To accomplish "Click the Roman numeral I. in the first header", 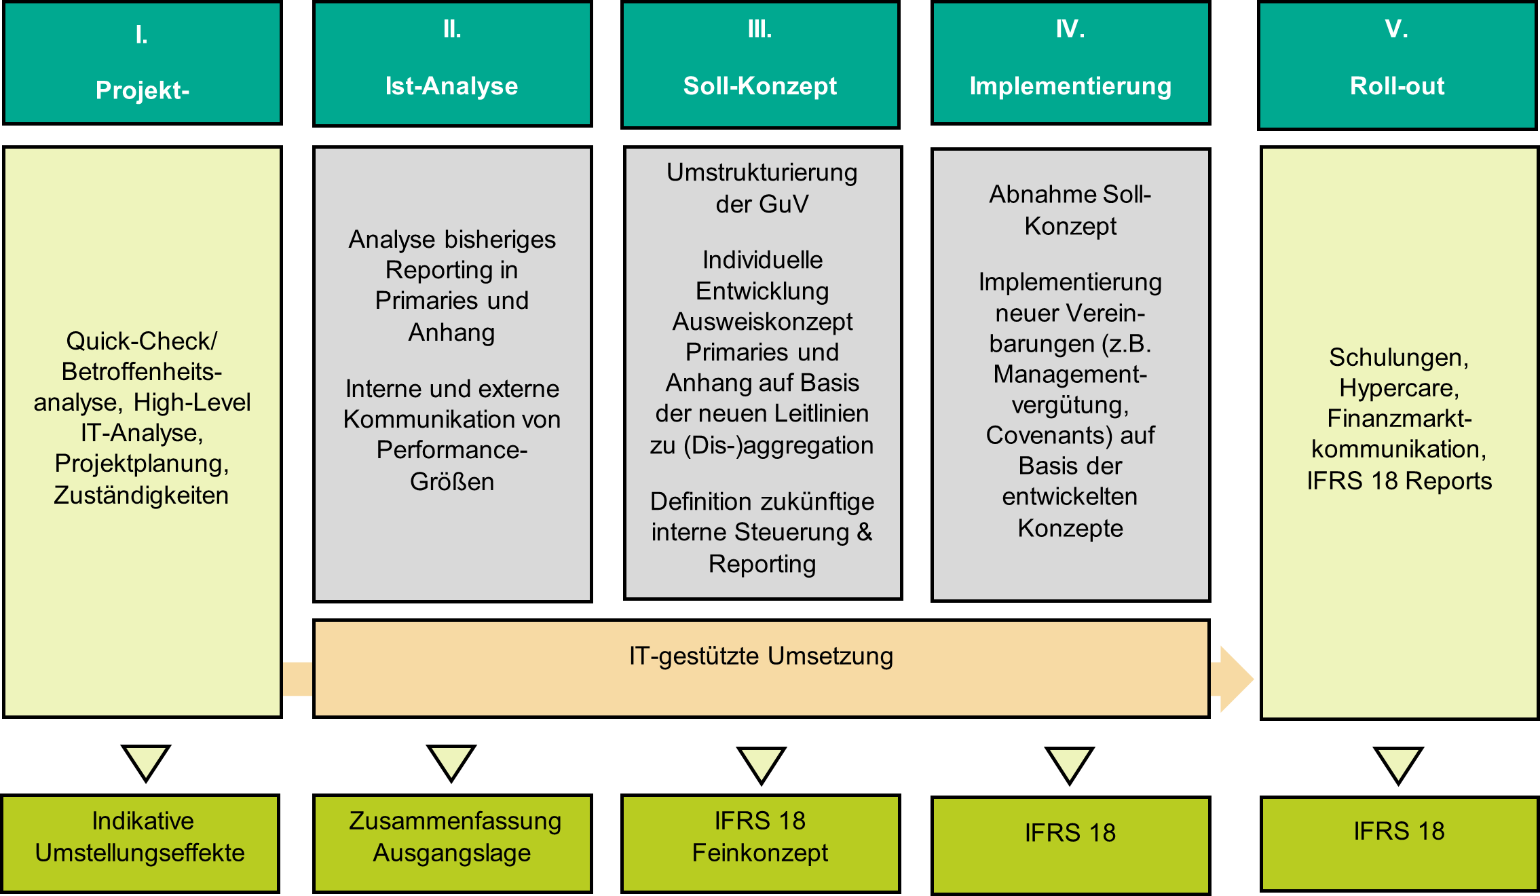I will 141,35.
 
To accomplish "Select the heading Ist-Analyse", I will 451,86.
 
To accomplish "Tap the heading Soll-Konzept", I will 759,86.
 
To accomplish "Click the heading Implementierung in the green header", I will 1070,86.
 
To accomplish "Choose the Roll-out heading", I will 1397,86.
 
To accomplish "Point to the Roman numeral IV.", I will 1070,29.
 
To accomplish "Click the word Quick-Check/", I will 141,341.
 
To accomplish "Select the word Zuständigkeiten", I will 141,495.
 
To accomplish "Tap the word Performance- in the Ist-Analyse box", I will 451,449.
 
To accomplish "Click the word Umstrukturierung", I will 762,172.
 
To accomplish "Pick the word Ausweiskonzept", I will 762,321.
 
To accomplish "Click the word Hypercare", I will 1398,388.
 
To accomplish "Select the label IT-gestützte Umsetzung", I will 761,656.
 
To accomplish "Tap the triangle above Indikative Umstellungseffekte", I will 146,760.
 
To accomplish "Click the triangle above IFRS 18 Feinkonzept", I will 762,763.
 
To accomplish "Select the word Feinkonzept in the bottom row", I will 759,853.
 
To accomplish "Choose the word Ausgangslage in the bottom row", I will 451,853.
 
